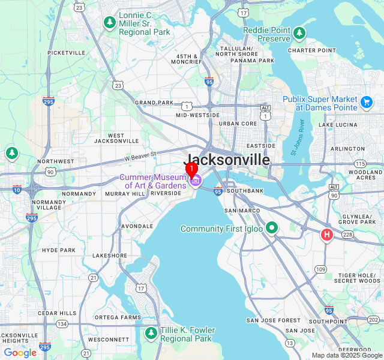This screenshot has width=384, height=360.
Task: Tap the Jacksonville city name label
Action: coord(226,160)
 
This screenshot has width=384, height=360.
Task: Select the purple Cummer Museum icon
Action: coord(195,180)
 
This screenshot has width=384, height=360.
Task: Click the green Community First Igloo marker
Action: coord(272,228)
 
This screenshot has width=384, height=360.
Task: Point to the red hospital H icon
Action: coord(327,234)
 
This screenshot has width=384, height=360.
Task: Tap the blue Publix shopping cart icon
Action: coord(367,103)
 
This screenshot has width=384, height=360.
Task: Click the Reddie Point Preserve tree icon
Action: coord(299,34)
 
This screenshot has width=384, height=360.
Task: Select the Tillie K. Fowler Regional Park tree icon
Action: coord(151,333)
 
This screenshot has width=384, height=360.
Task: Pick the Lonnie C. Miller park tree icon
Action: coord(109,23)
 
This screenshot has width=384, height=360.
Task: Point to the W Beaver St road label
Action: coord(140,156)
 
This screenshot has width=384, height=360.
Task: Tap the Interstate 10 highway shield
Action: coord(17,190)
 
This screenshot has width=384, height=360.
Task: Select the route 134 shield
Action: coord(62,324)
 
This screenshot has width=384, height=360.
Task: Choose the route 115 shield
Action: coord(360,163)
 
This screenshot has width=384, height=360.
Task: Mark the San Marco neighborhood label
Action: coord(242,211)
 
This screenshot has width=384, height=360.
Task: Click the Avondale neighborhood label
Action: coord(137,226)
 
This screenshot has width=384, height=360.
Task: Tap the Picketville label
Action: coord(66,53)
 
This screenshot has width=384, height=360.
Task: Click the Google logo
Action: coord(20,353)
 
